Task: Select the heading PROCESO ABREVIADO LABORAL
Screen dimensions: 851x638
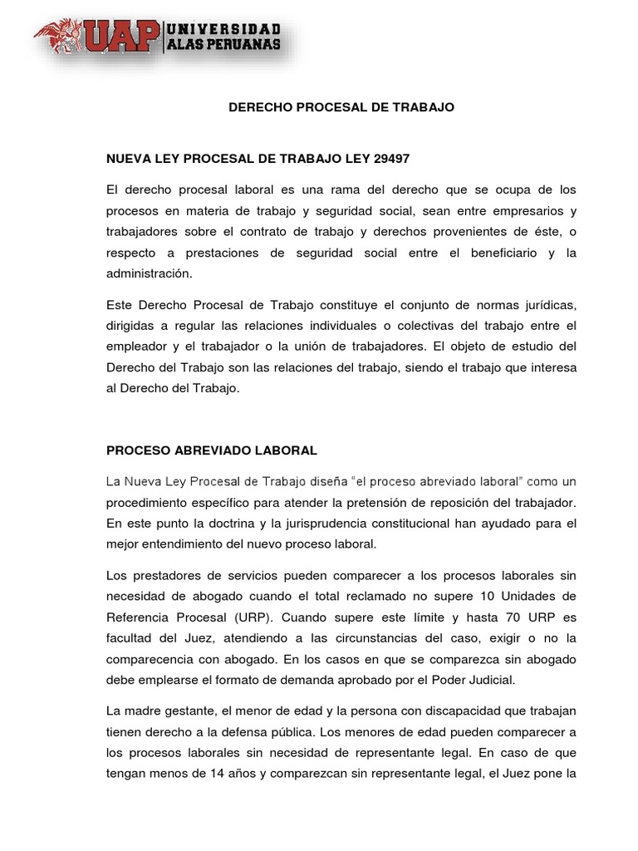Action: [212, 450]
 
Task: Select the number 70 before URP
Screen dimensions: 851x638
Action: [509, 617]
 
